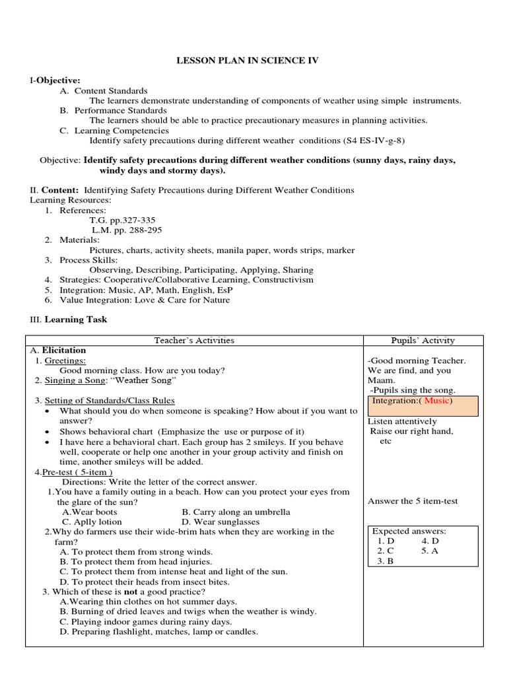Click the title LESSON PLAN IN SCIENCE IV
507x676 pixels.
click(x=247, y=61)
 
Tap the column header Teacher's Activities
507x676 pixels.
click(x=194, y=341)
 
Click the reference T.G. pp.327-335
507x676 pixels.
click(x=123, y=220)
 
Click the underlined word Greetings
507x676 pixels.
click(x=64, y=360)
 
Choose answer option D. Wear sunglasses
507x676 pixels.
click(x=220, y=522)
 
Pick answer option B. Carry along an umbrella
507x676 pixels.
click(x=236, y=512)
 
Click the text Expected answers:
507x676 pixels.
click(x=409, y=531)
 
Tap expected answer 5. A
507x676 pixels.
click(x=430, y=551)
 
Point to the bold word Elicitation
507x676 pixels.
click(x=64, y=351)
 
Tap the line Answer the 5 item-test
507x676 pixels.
click(x=413, y=501)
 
